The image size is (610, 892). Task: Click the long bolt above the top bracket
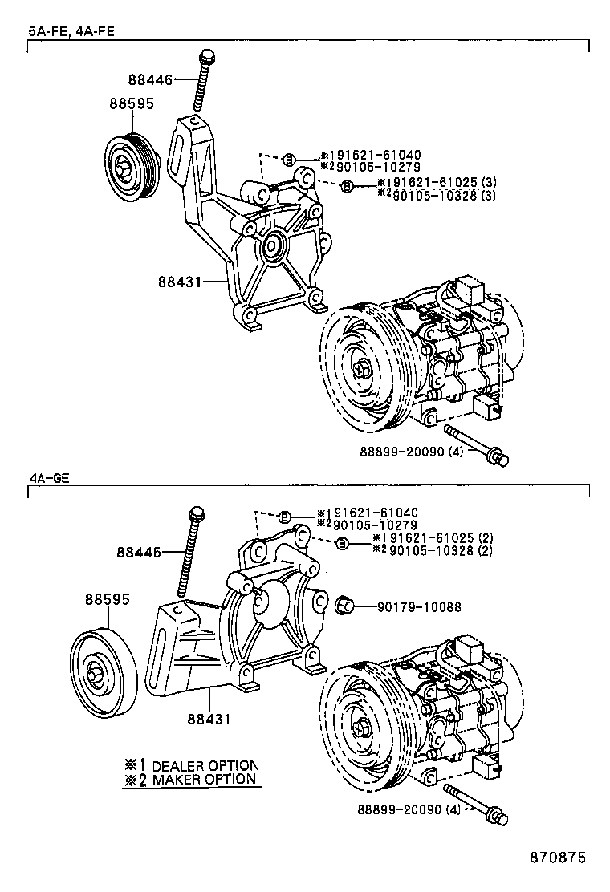coord(201,81)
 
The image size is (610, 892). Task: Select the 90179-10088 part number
coord(419,607)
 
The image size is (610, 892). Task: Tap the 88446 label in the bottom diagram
coord(139,552)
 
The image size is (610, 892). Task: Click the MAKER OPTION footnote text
coord(203,779)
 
